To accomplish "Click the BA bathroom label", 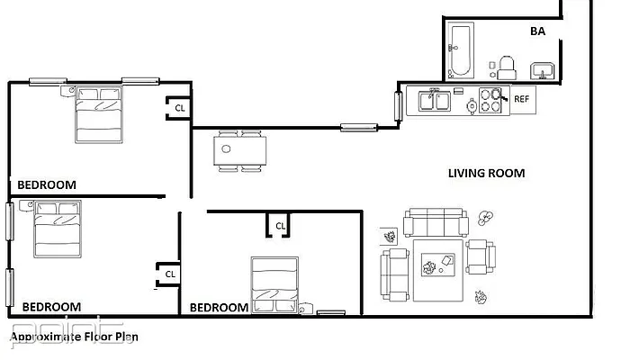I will point(537,31).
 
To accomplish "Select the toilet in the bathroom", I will point(507,65).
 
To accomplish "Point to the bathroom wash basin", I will point(543,70).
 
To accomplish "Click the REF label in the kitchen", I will point(521,100).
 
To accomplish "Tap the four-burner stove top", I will point(490,100).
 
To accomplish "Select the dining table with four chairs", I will point(239,151).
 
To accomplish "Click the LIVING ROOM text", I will point(486,173).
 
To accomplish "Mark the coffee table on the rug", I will point(440,265).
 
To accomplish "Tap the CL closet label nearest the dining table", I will point(180,107).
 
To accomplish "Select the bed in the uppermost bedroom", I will point(100,114).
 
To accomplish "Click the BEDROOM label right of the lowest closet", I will point(219,307).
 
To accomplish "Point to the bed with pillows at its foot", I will point(274,285).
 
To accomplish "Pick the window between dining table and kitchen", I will point(357,127).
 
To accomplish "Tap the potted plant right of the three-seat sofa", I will point(487,217).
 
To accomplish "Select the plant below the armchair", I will point(481,295).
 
